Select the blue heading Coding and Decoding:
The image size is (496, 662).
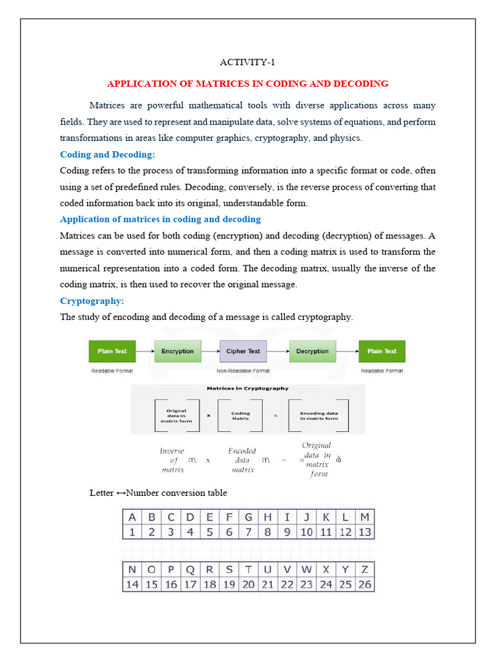pos(108,155)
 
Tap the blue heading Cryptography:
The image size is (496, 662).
pos(92,301)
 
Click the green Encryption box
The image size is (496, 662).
pos(178,351)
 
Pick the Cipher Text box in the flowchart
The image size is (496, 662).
pos(243,351)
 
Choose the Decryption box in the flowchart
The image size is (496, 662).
pos(312,351)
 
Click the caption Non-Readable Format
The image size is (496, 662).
pos(243,371)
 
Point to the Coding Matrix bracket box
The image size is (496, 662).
pos(240,416)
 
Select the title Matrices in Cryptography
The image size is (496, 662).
pos(247,389)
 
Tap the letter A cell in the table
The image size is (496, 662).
pos(132,517)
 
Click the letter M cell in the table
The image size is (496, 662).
pos(365,517)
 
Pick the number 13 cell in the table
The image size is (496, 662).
pos(365,532)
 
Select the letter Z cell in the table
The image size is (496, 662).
pos(365,570)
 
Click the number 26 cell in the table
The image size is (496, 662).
pos(365,584)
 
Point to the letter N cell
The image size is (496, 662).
pos(132,570)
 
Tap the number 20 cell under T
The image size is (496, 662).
pos(248,584)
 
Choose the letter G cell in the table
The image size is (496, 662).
pos(248,517)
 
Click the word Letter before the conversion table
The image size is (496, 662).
pos(101,493)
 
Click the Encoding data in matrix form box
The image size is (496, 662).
pos(318,416)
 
